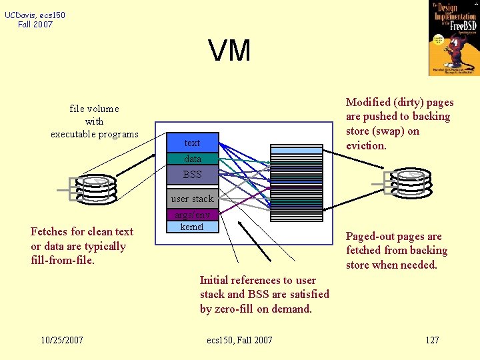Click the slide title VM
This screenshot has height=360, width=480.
pyautogui.click(x=229, y=51)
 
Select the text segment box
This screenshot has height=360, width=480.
pyautogui.click(x=192, y=143)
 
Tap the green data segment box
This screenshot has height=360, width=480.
pyautogui.click(x=192, y=159)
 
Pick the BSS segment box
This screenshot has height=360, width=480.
pyautogui.click(x=192, y=174)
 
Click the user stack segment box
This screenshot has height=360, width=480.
pyautogui.click(x=192, y=198)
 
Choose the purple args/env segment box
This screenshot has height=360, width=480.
pyautogui.click(x=192, y=215)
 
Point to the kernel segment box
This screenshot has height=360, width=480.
pyautogui.click(x=192, y=227)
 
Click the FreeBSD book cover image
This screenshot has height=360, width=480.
pyautogui.click(x=453, y=38)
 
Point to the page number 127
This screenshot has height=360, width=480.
pyautogui.click(x=432, y=340)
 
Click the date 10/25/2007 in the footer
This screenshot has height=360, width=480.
pyautogui.click(x=61, y=340)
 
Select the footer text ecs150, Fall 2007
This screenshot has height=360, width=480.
pyautogui.click(x=239, y=340)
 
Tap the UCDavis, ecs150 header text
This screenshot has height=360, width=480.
pyautogui.click(x=35, y=15)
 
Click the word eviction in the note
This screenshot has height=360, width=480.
pyautogui.click(x=365, y=145)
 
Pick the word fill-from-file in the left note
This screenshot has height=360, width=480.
pyautogui.click(x=63, y=261)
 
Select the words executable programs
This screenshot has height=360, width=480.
pyautogui.click(x=95, y=134)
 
